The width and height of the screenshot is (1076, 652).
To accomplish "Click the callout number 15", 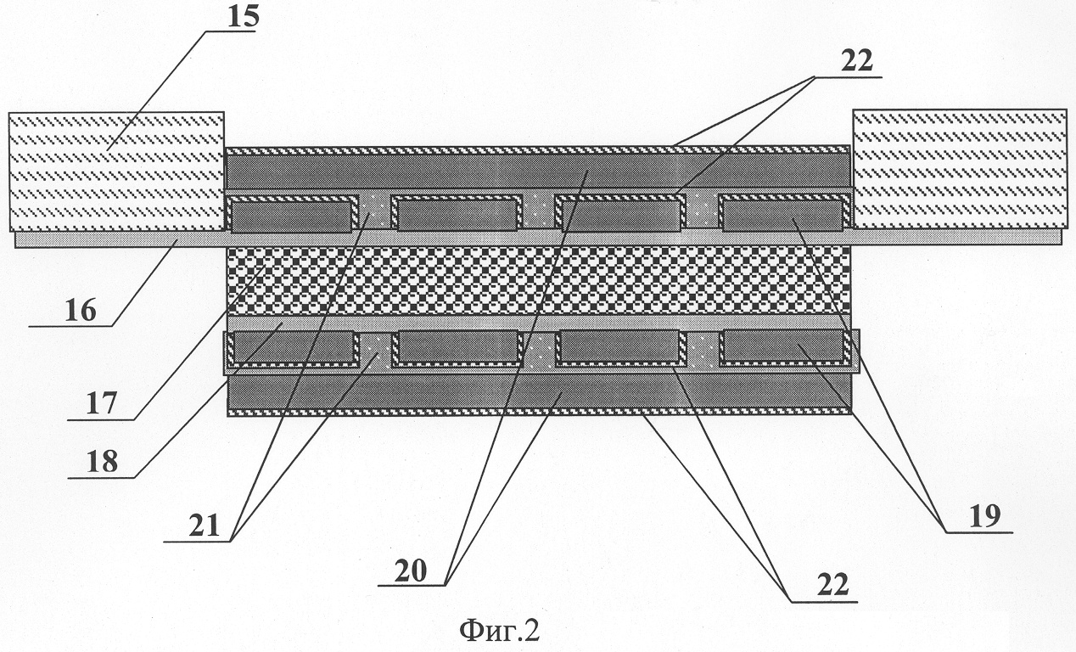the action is pyautogui.click(x=243, y=16).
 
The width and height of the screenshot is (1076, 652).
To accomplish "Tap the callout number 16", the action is pyautogui.click(x=81, y=311).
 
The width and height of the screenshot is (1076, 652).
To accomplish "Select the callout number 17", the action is pyautogui.click(x=101, y=403).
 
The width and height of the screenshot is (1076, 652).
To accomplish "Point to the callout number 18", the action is pyautogui.click(x=102, y=462).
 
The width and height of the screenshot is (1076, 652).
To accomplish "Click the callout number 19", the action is pyautogui.click(x=985, y=516).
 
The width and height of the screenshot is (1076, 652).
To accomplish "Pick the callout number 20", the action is pyautogui.click(x=411, y=571).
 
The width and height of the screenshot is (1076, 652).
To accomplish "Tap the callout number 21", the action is pyautogui.click(x=204, y=526).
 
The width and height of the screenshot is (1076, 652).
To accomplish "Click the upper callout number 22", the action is pyautogui.click(x=856, y=61).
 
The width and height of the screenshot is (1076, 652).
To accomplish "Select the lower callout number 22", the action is pyautogui.click(x=833, y=586).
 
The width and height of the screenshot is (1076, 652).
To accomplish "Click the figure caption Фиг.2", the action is pyautogui.click(x=499, y=631).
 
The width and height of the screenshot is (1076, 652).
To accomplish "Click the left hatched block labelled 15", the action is pyautogui.click(x=117, y=171).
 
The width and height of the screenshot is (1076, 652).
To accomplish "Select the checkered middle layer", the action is pyautogui.click(x=539, y=280).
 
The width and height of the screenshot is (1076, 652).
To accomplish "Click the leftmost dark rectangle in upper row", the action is pyautogui.click(x=291, y=216).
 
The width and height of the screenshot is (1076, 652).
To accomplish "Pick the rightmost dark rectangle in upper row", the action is pyautogui.click(x=783, y=216).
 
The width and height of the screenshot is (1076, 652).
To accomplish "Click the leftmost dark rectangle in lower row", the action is pyautogui.click(x=293, y=346).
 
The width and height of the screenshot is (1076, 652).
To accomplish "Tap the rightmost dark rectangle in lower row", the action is pyautogui.click(x=783, y=345).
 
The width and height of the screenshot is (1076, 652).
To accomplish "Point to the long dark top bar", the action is pyautogui.click(x=537, y=171).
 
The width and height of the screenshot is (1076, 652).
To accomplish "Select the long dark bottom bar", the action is pyautogui.click(x=540, y=391).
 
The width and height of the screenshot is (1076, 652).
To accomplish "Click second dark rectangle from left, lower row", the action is pyautogui.click(x=458, y=346).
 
